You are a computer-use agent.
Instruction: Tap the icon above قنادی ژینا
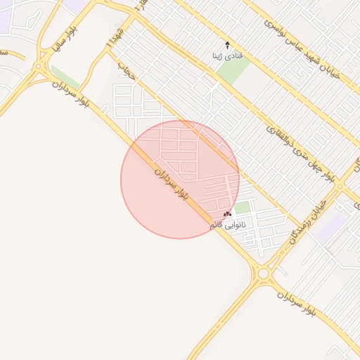click(227, 44)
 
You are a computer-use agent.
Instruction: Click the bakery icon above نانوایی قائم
click(227, 213)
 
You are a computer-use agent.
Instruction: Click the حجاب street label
click(125, 70)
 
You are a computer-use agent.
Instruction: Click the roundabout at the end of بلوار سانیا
click(38, 67)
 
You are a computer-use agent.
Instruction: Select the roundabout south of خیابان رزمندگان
click(264, 273)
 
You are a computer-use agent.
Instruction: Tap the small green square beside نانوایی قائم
click(243, 208)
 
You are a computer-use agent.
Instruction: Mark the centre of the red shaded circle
click(180, 179)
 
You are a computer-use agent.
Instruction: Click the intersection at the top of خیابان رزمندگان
click(340, 187)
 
